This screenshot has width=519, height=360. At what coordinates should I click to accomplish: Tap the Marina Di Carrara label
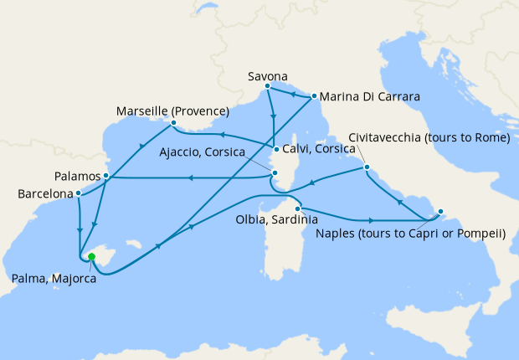pos(368,97)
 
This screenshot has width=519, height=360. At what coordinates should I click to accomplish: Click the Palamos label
pos(78,177)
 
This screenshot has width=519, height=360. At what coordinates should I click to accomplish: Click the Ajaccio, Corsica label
pos(200,153)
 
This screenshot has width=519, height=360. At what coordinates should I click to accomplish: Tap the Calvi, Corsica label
pos(318,152)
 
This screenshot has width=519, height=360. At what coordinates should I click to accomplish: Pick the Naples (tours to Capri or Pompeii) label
pos(411,233)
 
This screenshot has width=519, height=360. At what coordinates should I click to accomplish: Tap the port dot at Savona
pos(267,86)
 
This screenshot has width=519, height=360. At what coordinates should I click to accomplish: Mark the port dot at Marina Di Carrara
pos(314,96)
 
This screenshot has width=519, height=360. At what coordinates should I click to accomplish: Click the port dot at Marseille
pos(172,124)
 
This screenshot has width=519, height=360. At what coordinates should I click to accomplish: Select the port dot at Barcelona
pos(79,194)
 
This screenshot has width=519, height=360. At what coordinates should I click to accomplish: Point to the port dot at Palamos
pos(105,176)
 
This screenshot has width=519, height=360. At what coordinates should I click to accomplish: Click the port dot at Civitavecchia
pos(366,168)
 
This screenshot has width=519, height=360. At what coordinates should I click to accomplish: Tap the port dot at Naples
pos(441,212)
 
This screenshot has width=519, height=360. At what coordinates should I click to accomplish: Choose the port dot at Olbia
pos(297,208)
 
